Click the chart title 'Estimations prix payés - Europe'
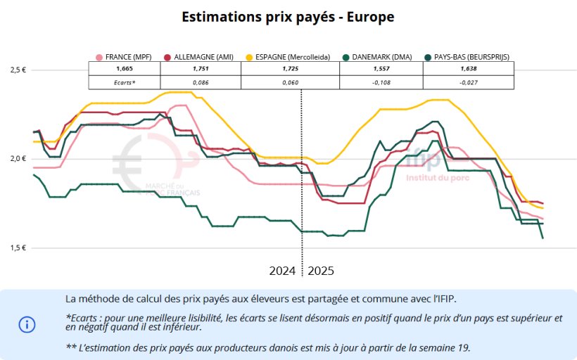[288, 16]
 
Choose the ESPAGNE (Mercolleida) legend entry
[287, 57]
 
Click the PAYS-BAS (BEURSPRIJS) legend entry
[467, 57]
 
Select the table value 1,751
[201, 70]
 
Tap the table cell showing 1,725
[290, 70]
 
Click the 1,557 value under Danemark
[381, 70]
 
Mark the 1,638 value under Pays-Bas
[469, 70]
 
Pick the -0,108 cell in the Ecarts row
[381, 82]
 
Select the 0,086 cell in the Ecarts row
[201, 82]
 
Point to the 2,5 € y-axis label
[18, 70]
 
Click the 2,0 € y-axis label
[18, 159]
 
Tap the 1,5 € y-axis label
[18, 247]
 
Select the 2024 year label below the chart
[283, 271]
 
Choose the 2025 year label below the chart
[322, 271]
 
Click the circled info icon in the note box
[27, 324]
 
